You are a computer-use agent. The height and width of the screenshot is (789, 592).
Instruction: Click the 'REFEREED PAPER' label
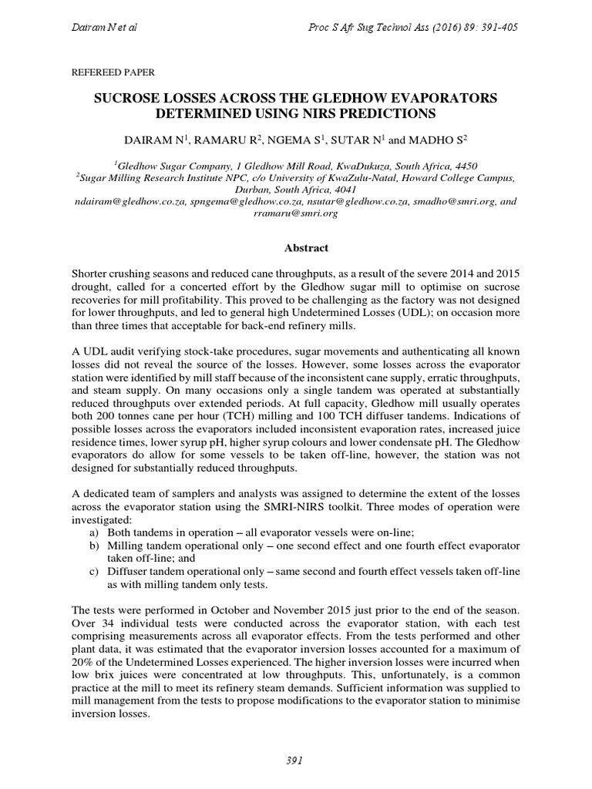113,72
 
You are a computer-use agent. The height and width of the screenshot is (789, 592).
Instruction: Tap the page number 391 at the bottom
295,760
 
